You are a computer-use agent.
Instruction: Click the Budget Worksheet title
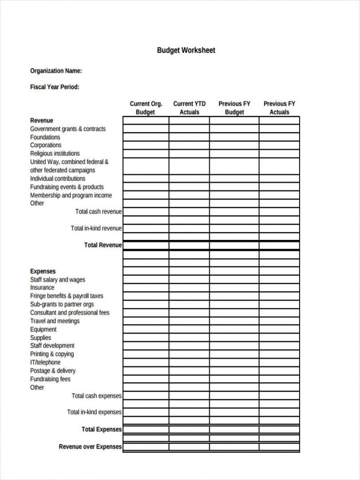pyautogui.click(x=186, y=50)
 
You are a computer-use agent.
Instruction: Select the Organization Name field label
pyautogui.click(x=56, y=71)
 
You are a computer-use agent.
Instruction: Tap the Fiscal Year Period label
pyautogui.click(x=55, y=87)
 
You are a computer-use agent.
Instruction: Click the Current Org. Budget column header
pyautogui.click(x=146, y=108)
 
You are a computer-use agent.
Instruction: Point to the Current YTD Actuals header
pyautogui.click(x=189, y=108)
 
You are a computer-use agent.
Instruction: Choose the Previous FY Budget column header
pyautogui.click(x=234, y=108)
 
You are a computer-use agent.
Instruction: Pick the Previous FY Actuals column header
pyautogui.click(x=279, y=108)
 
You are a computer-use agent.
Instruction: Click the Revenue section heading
pyautogui.click(x=41, y=120)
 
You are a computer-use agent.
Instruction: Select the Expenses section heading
pyautogui.click(x=43, y=271)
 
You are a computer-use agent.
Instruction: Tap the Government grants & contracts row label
pyautogui.click(x=68, y=129)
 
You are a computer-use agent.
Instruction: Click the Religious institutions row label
pyautogui.click(x=55, y=153)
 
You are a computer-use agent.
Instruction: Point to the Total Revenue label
pyautogui.click(x=103, y=245)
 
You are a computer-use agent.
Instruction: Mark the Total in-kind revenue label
pyautogui.click(x=96, y=228)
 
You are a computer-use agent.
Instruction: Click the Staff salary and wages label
pyautogui.click(x=58, y=280)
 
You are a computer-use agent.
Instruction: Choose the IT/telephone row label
pyautogui.click(x=45, y=362)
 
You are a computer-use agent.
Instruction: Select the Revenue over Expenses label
pyautogui.click(x=90, y=447)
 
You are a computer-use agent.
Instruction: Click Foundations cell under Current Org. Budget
pyautogui.click(x=146, y=137)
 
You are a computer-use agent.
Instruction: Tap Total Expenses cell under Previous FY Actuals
pyautogui.click(x=279, y=429)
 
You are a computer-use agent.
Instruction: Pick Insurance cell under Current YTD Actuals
pyautogui.click(x=189, y=288)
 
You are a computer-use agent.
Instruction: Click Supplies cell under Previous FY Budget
pyautogui.click(x=234, y=338)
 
